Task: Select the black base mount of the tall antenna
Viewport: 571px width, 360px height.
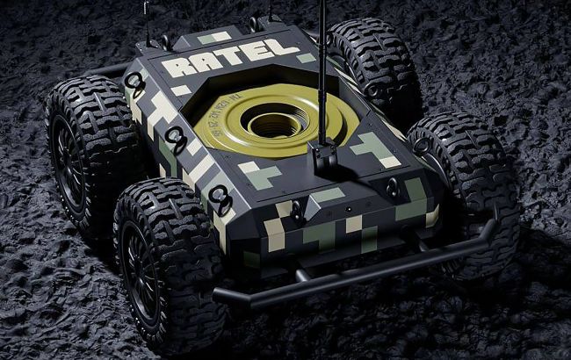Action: [x=322, y=157]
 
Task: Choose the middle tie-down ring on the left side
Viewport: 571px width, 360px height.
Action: [x=176, y=138]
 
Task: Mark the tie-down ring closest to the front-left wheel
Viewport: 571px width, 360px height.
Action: [x=220, y=202]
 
